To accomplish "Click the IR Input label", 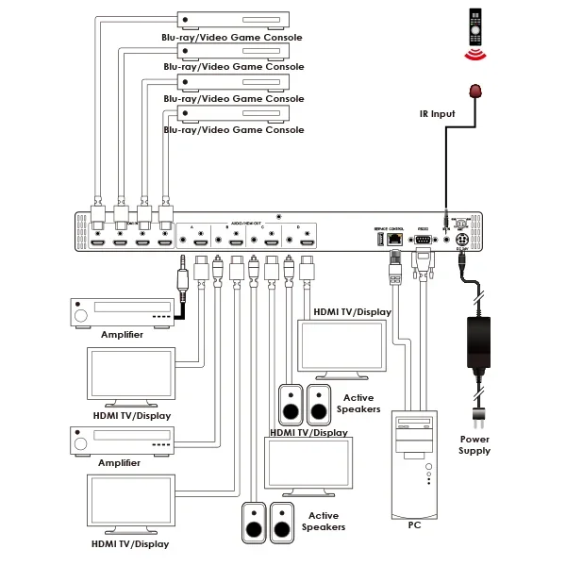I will (x=438, y=114).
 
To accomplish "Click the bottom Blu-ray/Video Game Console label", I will (x=234, y=130).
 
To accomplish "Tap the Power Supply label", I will (x=474, y=444).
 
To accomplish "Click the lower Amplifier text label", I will (x=120, y=463).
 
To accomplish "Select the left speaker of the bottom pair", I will (x=254, y=521).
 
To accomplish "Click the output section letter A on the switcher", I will (x=191, y=228).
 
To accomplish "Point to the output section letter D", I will (x=297, y=228).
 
